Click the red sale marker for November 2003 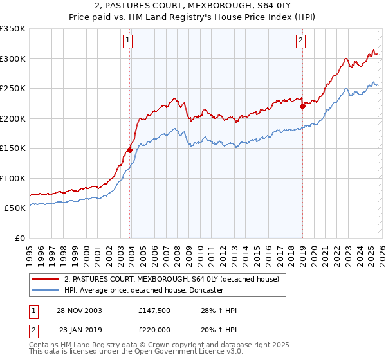(x=129, y=150)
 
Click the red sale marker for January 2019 (x=302, y=107)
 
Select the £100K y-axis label (x=13, y=178)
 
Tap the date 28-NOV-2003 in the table (x=80, y=311)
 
